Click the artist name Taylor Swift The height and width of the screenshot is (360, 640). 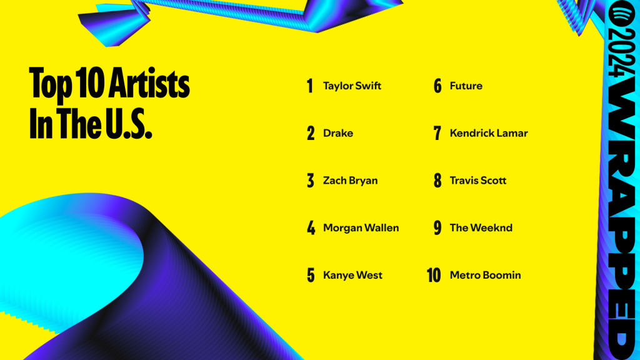click(352, 86)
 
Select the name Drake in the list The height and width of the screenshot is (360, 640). click(338, 133)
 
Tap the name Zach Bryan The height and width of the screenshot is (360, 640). click(350, 181)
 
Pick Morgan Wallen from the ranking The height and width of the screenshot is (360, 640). click(361, 228)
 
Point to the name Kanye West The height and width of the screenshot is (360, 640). click(352, 276)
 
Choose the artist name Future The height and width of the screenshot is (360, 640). click(466, 86)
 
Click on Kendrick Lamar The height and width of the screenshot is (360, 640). click(489, 133)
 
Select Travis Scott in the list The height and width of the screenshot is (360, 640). click(478, 181)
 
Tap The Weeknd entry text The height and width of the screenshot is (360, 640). click(481, 228)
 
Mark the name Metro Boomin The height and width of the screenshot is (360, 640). click(485, 276)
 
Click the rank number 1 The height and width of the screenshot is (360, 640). click(309, 86)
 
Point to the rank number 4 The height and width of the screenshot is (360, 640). click(311, 228)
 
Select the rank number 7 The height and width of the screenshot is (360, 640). click(437, 133)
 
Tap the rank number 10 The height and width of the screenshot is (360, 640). click(434, 276)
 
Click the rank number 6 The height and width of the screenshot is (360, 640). click(437, 86)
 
